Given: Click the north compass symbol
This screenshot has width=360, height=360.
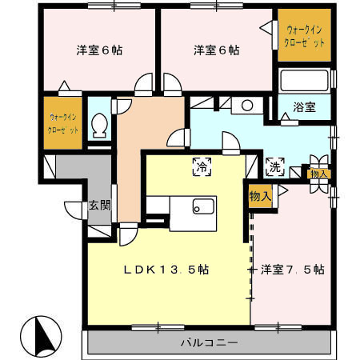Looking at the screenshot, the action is pyautogui.click(x=41, y=337).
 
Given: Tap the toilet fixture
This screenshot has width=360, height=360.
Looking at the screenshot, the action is pyautogui.click(x=99, y=126).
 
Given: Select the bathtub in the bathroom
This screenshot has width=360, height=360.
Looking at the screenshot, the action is pyautogui.click(x=304, y=80).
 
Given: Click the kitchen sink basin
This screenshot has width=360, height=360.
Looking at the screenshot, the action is pyautogui.click(x=204, y=206).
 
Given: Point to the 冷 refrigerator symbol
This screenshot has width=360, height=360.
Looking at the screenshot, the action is pyautogui.click(x=202, y=166).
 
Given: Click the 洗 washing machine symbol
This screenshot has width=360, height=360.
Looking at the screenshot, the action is pyautogui.click(x=275, y=167).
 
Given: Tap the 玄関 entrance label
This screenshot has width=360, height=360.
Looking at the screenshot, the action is pyautogui.click(x=99, y=205).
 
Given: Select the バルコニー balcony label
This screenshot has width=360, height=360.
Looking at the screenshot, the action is pyautogui.click(x=210, y=342).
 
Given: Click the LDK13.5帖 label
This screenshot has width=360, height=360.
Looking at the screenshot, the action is pyautogui.click(x=166, y=270).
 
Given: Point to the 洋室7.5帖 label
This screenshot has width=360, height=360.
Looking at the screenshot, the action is pyautogui.click(x=293, y=270).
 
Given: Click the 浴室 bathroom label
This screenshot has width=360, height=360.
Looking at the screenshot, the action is pyautogui.click(x=304, y=107).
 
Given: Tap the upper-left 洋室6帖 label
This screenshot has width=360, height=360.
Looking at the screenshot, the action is pyautogui.click(x=99, y=50).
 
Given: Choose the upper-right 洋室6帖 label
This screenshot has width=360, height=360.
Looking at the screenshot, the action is pyautogui.click(x=217, y=50).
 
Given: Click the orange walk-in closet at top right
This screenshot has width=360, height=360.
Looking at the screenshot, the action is pyautogui.click(x=304, y=35).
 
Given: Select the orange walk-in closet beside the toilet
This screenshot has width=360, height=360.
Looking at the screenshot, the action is pyautogui.click(x=63, y=123).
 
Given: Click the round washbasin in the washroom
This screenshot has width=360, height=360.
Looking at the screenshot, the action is pyautogui.click(x=247, y=106).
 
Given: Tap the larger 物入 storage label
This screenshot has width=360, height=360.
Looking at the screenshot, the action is pyautogui.click(x=260, y=197).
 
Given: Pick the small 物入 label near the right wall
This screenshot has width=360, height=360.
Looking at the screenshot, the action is pyautogui.click(x=319, y=174).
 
